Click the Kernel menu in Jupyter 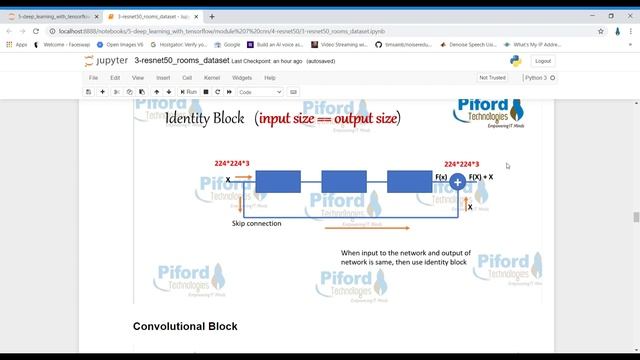point(212,77)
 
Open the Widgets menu point(242,77)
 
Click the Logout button point(543,60)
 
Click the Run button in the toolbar point(188,91)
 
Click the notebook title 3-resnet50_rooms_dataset point(181,60)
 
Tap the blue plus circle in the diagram point(457,181)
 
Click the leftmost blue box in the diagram point(277,181)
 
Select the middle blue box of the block point(343,181)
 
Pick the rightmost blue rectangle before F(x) point(409,181)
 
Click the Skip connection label point(256,223)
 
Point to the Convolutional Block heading point(185,326)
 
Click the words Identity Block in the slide point(204,118)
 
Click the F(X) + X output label point(481,177)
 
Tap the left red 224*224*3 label point(232,163)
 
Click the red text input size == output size point(327,118)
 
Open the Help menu point(270,77)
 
